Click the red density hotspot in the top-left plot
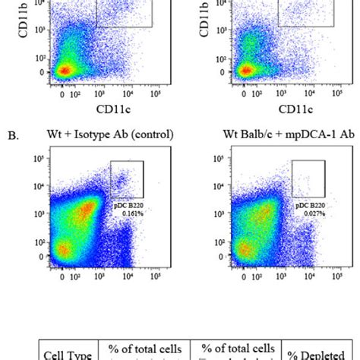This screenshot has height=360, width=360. (65, 71)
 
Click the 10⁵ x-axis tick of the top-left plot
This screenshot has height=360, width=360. (155, 94)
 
